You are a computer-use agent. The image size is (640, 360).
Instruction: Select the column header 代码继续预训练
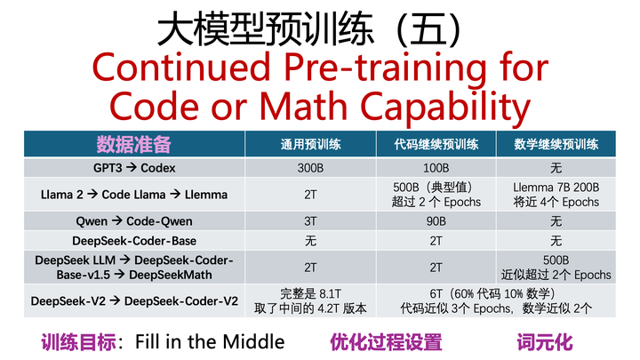pos(436,145)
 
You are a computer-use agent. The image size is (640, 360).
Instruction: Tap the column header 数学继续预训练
pos(556,145)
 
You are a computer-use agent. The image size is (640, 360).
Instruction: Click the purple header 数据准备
pos(133,144)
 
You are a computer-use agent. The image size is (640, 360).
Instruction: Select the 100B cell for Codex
pos(436,168)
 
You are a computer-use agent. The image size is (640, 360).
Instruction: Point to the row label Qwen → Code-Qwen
pos(134,220)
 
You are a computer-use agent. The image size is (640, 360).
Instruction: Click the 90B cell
pos(436,220)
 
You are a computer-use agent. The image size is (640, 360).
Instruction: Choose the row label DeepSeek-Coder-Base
pos(134,241)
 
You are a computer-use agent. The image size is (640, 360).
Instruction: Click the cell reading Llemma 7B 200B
pos(556,188)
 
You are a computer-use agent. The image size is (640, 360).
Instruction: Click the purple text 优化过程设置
pos(386,341)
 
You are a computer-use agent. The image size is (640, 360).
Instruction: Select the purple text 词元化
pos(545,341)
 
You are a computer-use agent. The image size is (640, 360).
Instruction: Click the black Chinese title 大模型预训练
pos(267,31)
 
